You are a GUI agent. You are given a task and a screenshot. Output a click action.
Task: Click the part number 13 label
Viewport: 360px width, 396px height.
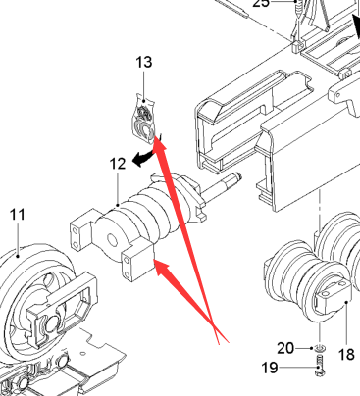pyautogui.click(x=144, y=62)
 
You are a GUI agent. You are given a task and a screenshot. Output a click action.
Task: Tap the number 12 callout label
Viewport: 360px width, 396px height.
pyautogui.click(x=118, y=164)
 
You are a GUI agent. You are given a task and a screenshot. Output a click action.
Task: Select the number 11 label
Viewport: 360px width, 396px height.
pyautogui.click(x=18, y=215)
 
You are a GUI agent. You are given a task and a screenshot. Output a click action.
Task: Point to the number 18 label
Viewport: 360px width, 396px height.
pyautogui.click(x=346, y=354)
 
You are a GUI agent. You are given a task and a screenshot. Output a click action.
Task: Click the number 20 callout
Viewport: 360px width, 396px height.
pyautogui.click(x=285, y=348)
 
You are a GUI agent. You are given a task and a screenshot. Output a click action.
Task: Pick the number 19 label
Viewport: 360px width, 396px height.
pyautogui.click(x=270, y=368)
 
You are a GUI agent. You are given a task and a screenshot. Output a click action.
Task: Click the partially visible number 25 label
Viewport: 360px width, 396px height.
pyautogui.click(x=261, y=3)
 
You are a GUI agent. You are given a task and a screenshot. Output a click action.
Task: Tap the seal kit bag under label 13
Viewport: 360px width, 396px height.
pyautogui.click(x=143, y=119)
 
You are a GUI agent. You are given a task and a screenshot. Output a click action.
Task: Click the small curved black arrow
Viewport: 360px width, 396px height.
pyautogui.click(x=143, y=159)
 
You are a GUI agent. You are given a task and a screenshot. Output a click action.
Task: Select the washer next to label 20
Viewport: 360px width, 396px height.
pyautogui.click(x=320, y=348)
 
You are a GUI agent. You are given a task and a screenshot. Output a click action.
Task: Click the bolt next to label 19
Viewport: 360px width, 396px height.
pyautogui.click(x=320, y=367)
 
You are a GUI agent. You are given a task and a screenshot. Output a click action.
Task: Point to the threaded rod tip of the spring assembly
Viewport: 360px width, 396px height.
pyautogui.click(x=238, y=176)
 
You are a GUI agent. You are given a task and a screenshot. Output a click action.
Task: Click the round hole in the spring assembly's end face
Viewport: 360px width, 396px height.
pyautogui.click(x=112, y=241)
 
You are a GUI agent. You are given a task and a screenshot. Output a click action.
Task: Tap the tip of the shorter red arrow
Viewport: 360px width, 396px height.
pyautogui.click(x=155, y=261)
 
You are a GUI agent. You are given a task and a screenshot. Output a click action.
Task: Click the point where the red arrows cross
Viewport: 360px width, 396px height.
pyautogui.click(x=214, y=324)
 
